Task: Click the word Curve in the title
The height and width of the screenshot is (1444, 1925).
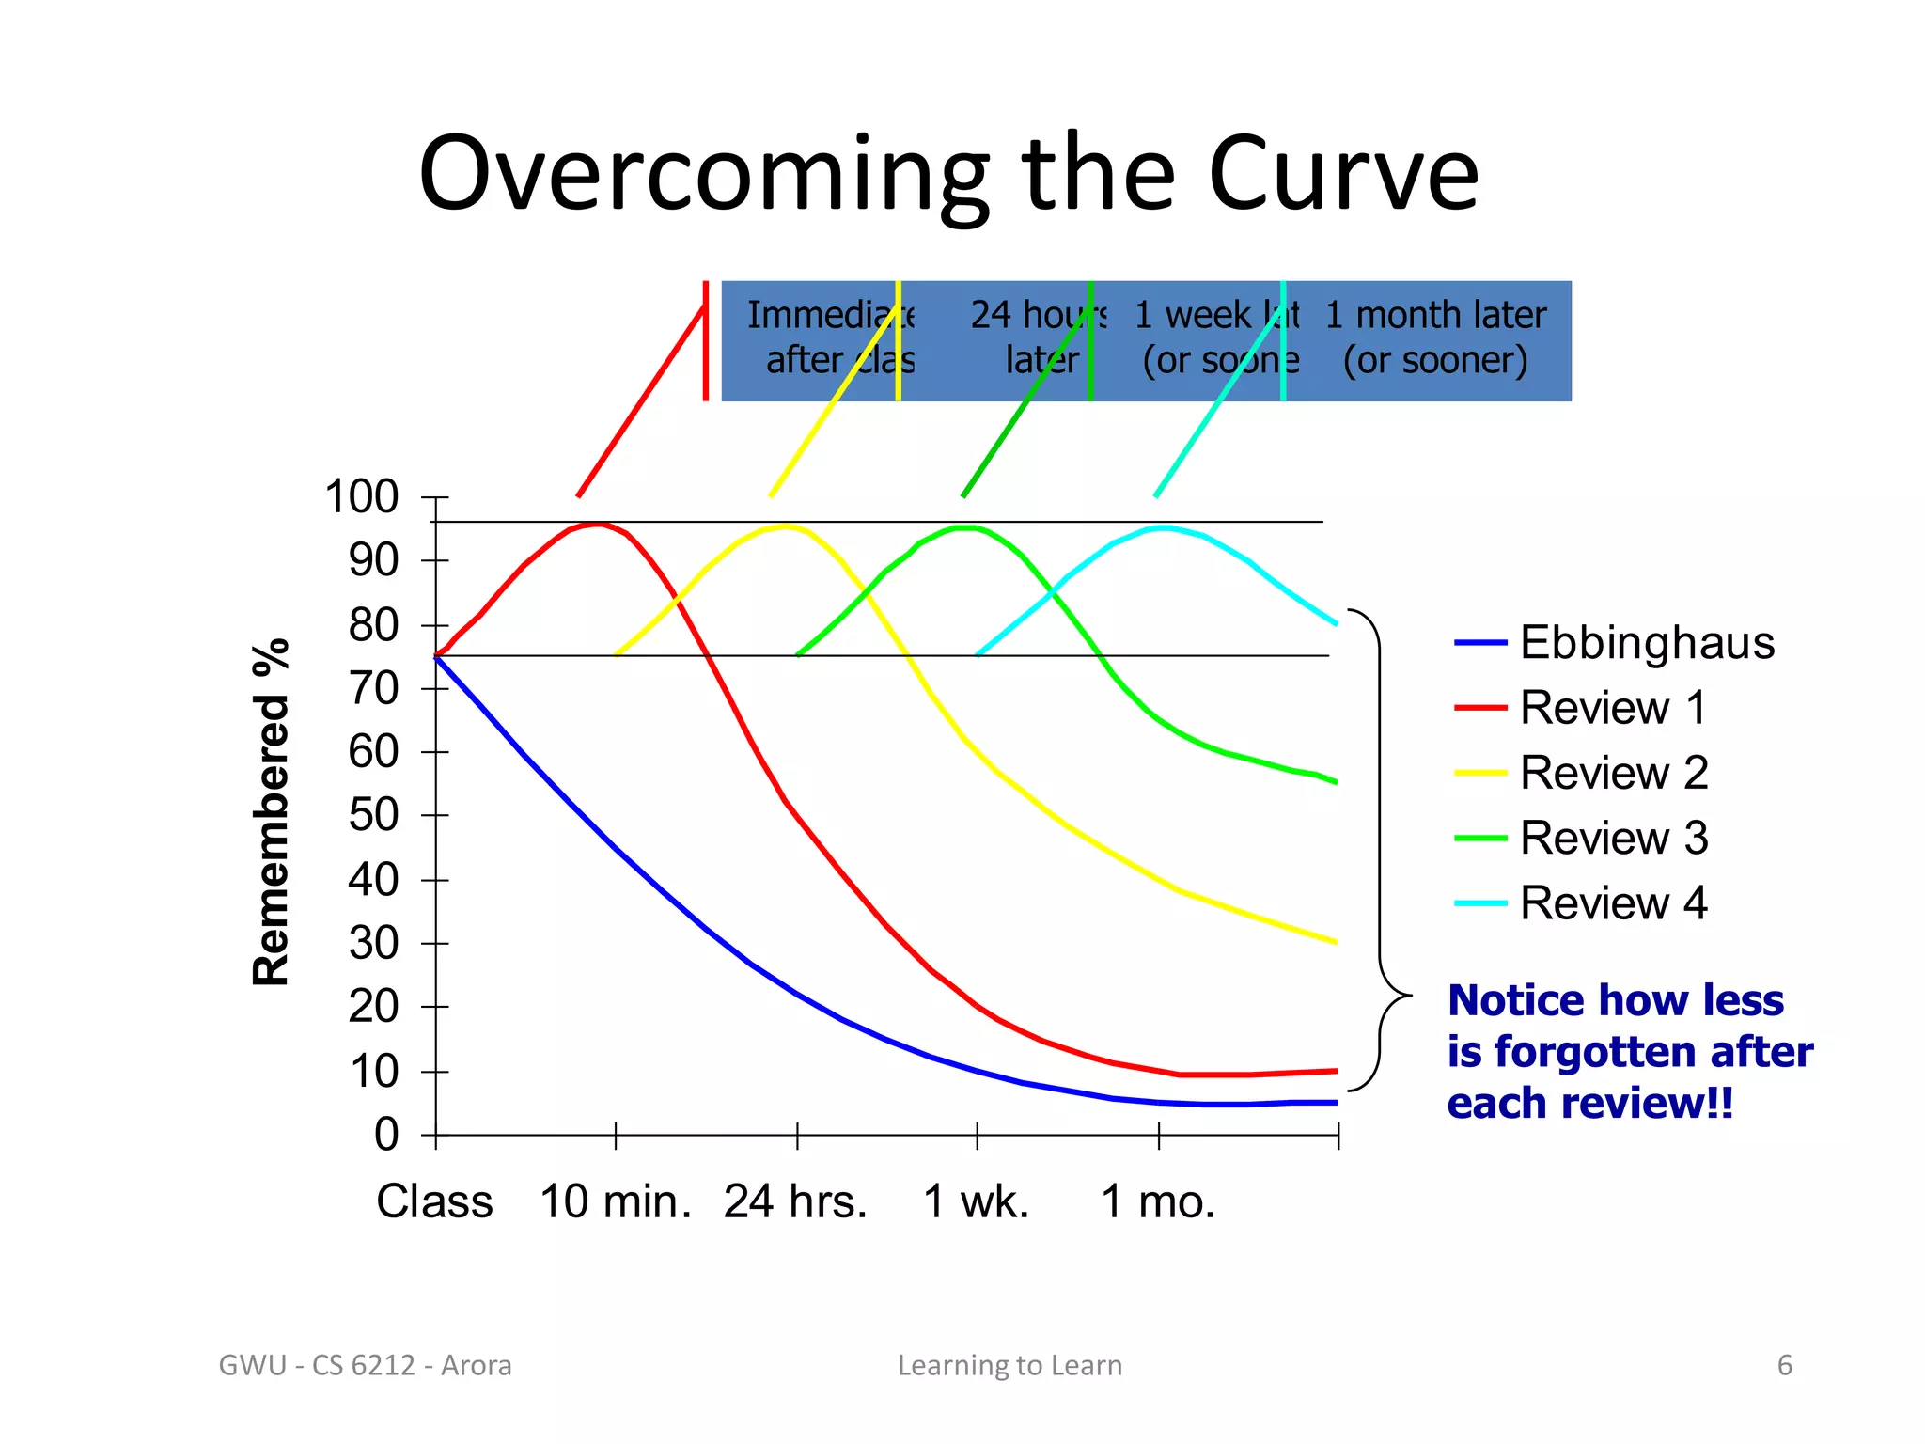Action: (x=1343, y=175)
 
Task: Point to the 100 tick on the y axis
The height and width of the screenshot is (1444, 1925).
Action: (x=362, y=497)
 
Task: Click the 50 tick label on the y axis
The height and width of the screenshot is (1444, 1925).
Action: (x=373, y=816)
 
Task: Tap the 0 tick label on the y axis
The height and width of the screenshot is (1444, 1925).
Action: (x=386, y=1135)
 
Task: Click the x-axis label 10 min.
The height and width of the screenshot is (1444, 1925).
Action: (x=616, y=1201)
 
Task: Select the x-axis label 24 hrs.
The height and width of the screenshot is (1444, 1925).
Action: (x=795, y=1201)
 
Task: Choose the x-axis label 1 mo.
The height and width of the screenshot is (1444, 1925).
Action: (x=1158, y=1201)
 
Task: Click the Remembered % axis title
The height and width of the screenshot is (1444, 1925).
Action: (x=272, y=812)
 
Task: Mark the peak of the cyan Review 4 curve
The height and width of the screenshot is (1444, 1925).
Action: (x=1164, y=527)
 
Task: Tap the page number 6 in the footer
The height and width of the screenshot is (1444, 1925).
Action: (x=1784, y=1365)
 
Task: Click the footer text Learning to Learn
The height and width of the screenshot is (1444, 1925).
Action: (x=1009, y=1365)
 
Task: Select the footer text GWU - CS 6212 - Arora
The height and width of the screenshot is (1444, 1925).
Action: (x=365, y=1365)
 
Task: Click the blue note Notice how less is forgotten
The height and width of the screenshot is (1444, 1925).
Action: (x=1629, y=1051)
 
